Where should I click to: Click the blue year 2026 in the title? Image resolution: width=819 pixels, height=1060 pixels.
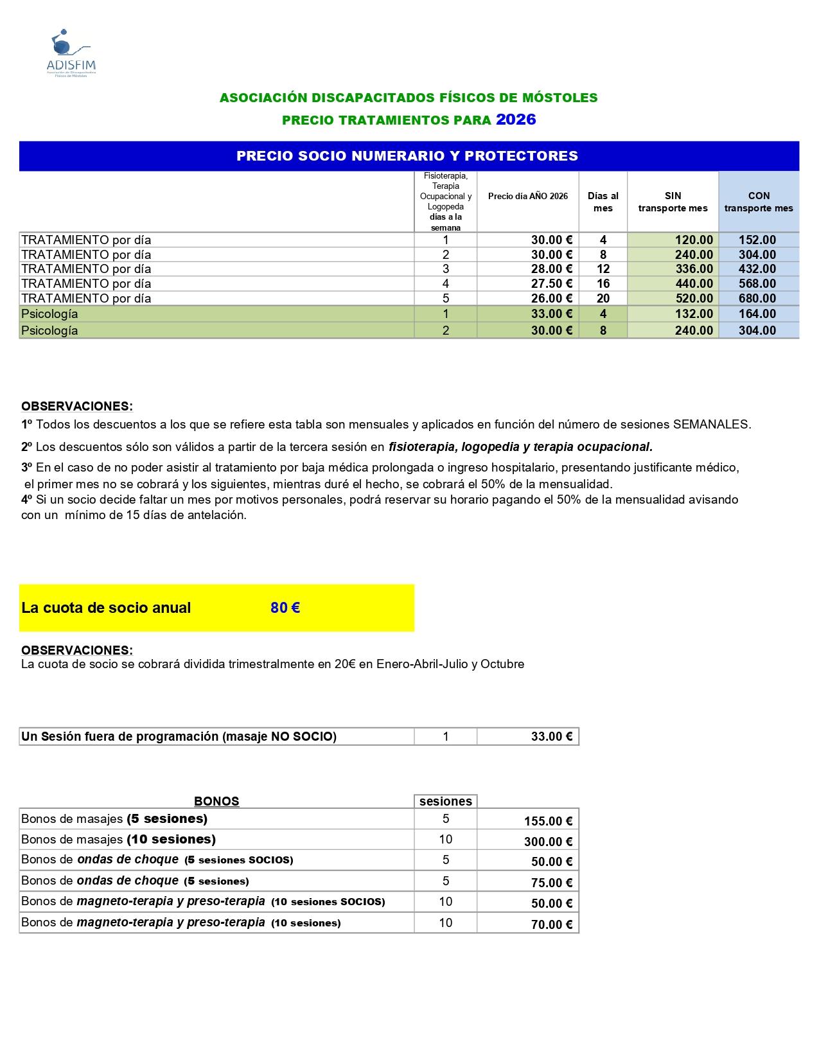[x=516, y=119]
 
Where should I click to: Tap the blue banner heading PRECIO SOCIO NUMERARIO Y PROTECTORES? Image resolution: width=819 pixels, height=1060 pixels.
[x=407, y=156]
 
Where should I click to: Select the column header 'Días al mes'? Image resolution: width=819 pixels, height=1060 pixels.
[x=603, y=202]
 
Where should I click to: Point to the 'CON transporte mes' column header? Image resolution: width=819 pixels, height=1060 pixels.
[x=759, y=202]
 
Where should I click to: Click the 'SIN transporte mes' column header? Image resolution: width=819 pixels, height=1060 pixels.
[x=673, y=202]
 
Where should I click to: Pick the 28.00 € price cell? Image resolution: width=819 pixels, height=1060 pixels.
[x=551, y=269]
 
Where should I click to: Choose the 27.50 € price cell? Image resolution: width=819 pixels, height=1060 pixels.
[x=551, y=284]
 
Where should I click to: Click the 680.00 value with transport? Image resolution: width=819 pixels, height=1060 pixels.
[x=757, y=299]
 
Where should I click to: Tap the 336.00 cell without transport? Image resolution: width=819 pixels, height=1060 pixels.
[x=694, y=269]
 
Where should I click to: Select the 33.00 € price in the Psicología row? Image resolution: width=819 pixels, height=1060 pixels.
[x=551, y=314]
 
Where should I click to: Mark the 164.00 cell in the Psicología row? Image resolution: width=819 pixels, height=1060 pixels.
[x=757, y=314]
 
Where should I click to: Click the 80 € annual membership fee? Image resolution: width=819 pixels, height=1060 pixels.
[x=285, y=608]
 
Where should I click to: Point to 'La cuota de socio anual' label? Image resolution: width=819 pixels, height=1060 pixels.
[x=106, y=608]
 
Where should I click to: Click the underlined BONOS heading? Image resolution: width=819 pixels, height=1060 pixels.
[x=216, y=801]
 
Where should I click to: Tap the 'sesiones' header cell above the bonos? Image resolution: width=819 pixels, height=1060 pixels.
[x=446, y=801]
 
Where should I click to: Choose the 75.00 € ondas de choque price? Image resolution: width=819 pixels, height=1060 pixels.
[x=551, y=883]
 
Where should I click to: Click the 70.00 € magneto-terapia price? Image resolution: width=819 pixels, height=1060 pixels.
[x=551, y=924]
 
